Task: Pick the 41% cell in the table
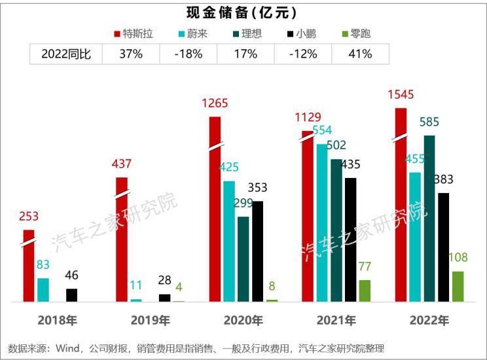tap(360, 54)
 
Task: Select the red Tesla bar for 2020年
tap(214, 209)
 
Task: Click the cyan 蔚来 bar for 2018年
tap(43, 289)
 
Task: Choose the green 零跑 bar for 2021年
tap(365, 291)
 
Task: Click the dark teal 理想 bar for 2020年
tap(243, 259)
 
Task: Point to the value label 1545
tap(401, 96)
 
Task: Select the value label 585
tap(429, 122)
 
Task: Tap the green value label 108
tap(458, 259)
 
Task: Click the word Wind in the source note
tap(71, 348)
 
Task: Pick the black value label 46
tap(72, 275)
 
